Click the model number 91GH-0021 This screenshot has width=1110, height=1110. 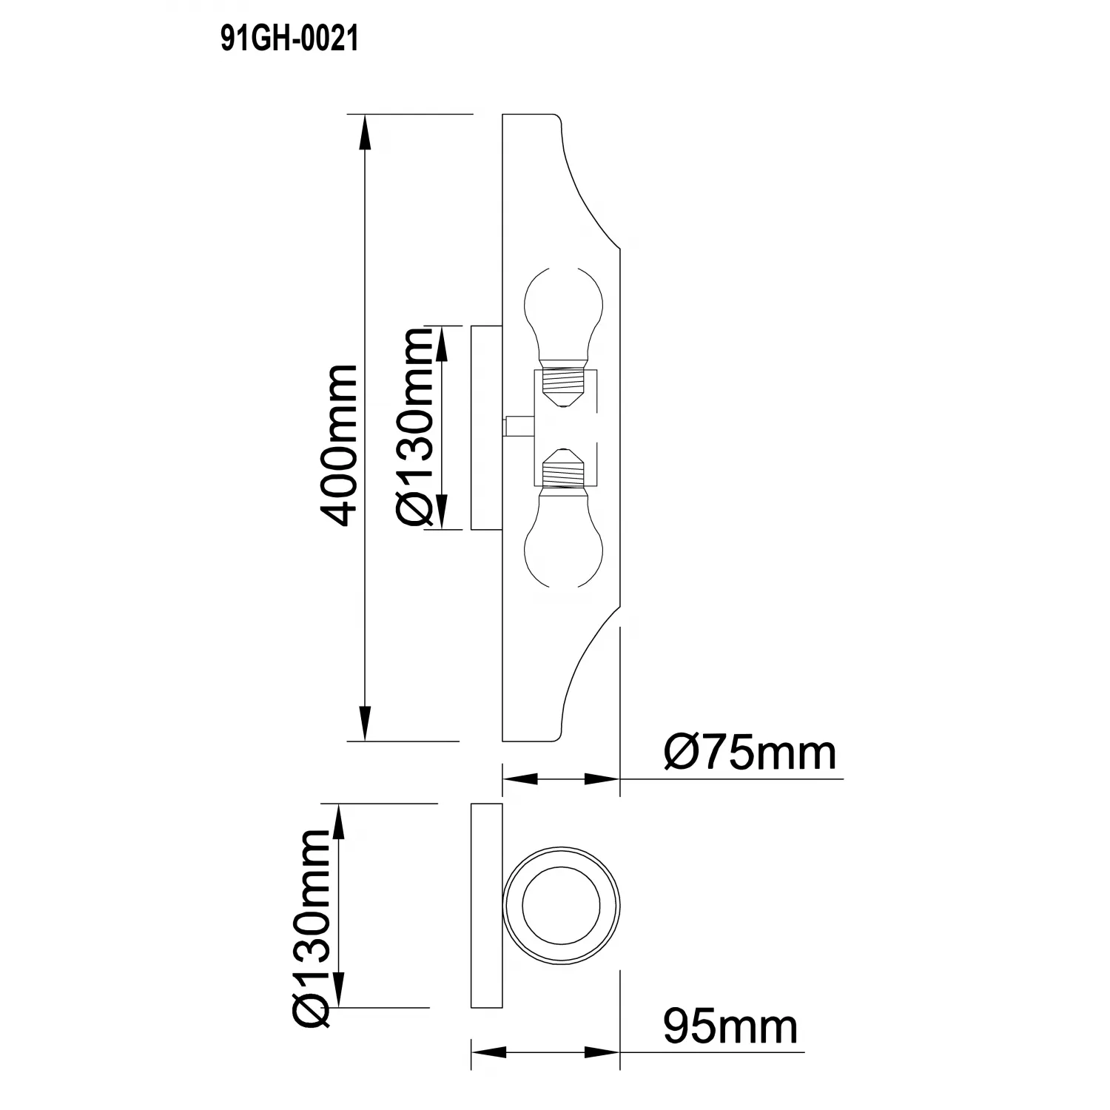pos(289,38)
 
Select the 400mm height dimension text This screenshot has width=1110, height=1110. pos(337,444)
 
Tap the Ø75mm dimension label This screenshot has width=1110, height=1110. pos(750,753)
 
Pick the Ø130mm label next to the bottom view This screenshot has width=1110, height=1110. pos(311,928)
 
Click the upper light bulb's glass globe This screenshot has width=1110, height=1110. pos(562,314)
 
